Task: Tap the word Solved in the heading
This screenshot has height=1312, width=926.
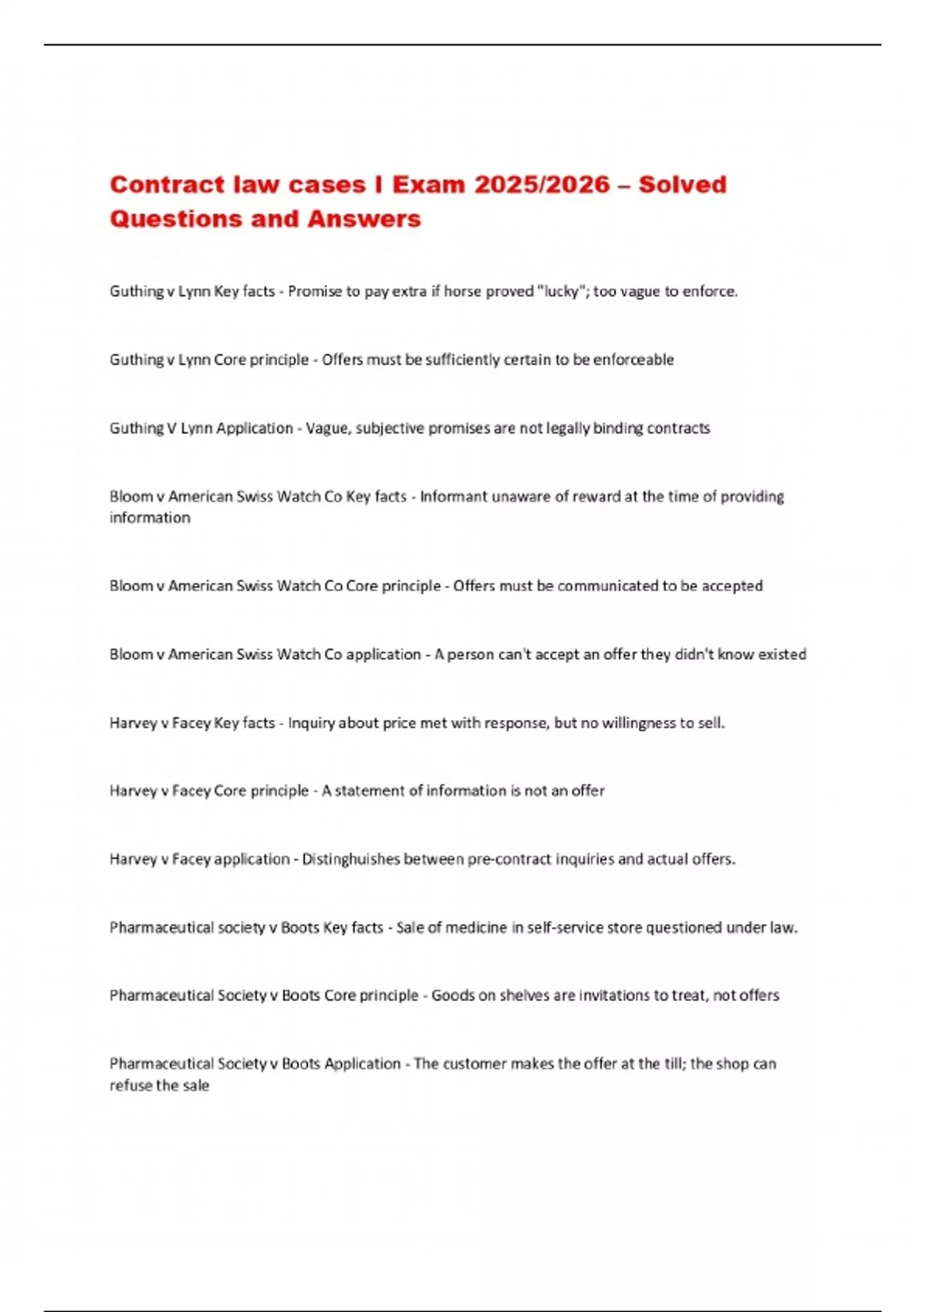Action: point(682,184)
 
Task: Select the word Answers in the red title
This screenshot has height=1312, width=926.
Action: point(364,219)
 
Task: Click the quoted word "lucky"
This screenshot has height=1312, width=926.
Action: point(561,292)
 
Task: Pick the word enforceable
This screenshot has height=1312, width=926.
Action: point(634,360)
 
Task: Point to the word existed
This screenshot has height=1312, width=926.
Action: point(782,654)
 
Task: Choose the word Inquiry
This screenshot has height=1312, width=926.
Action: point(312,723)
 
